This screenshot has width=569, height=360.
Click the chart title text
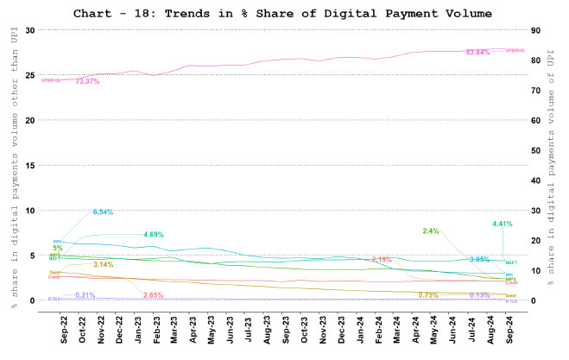[282, 14]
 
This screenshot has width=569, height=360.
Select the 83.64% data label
[477, 53]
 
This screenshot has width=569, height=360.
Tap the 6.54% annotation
[103, 212]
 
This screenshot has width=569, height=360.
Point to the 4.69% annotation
[154, 234]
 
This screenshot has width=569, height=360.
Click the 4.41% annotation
[503, 224]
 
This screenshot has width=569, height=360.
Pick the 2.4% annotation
[432, 231]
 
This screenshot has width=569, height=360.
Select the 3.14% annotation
[104, 264]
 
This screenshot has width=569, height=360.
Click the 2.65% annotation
[154, 295]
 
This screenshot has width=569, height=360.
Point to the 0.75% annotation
[428, 295]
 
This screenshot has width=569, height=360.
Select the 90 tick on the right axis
[536, 30]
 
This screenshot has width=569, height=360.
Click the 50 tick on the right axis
[536, 150]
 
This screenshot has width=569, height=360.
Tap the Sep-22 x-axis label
[66, 325]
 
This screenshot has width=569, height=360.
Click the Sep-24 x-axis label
[506, 325]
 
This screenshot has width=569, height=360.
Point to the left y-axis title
[14, 164]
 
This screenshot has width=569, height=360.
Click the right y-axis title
[553, 164]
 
